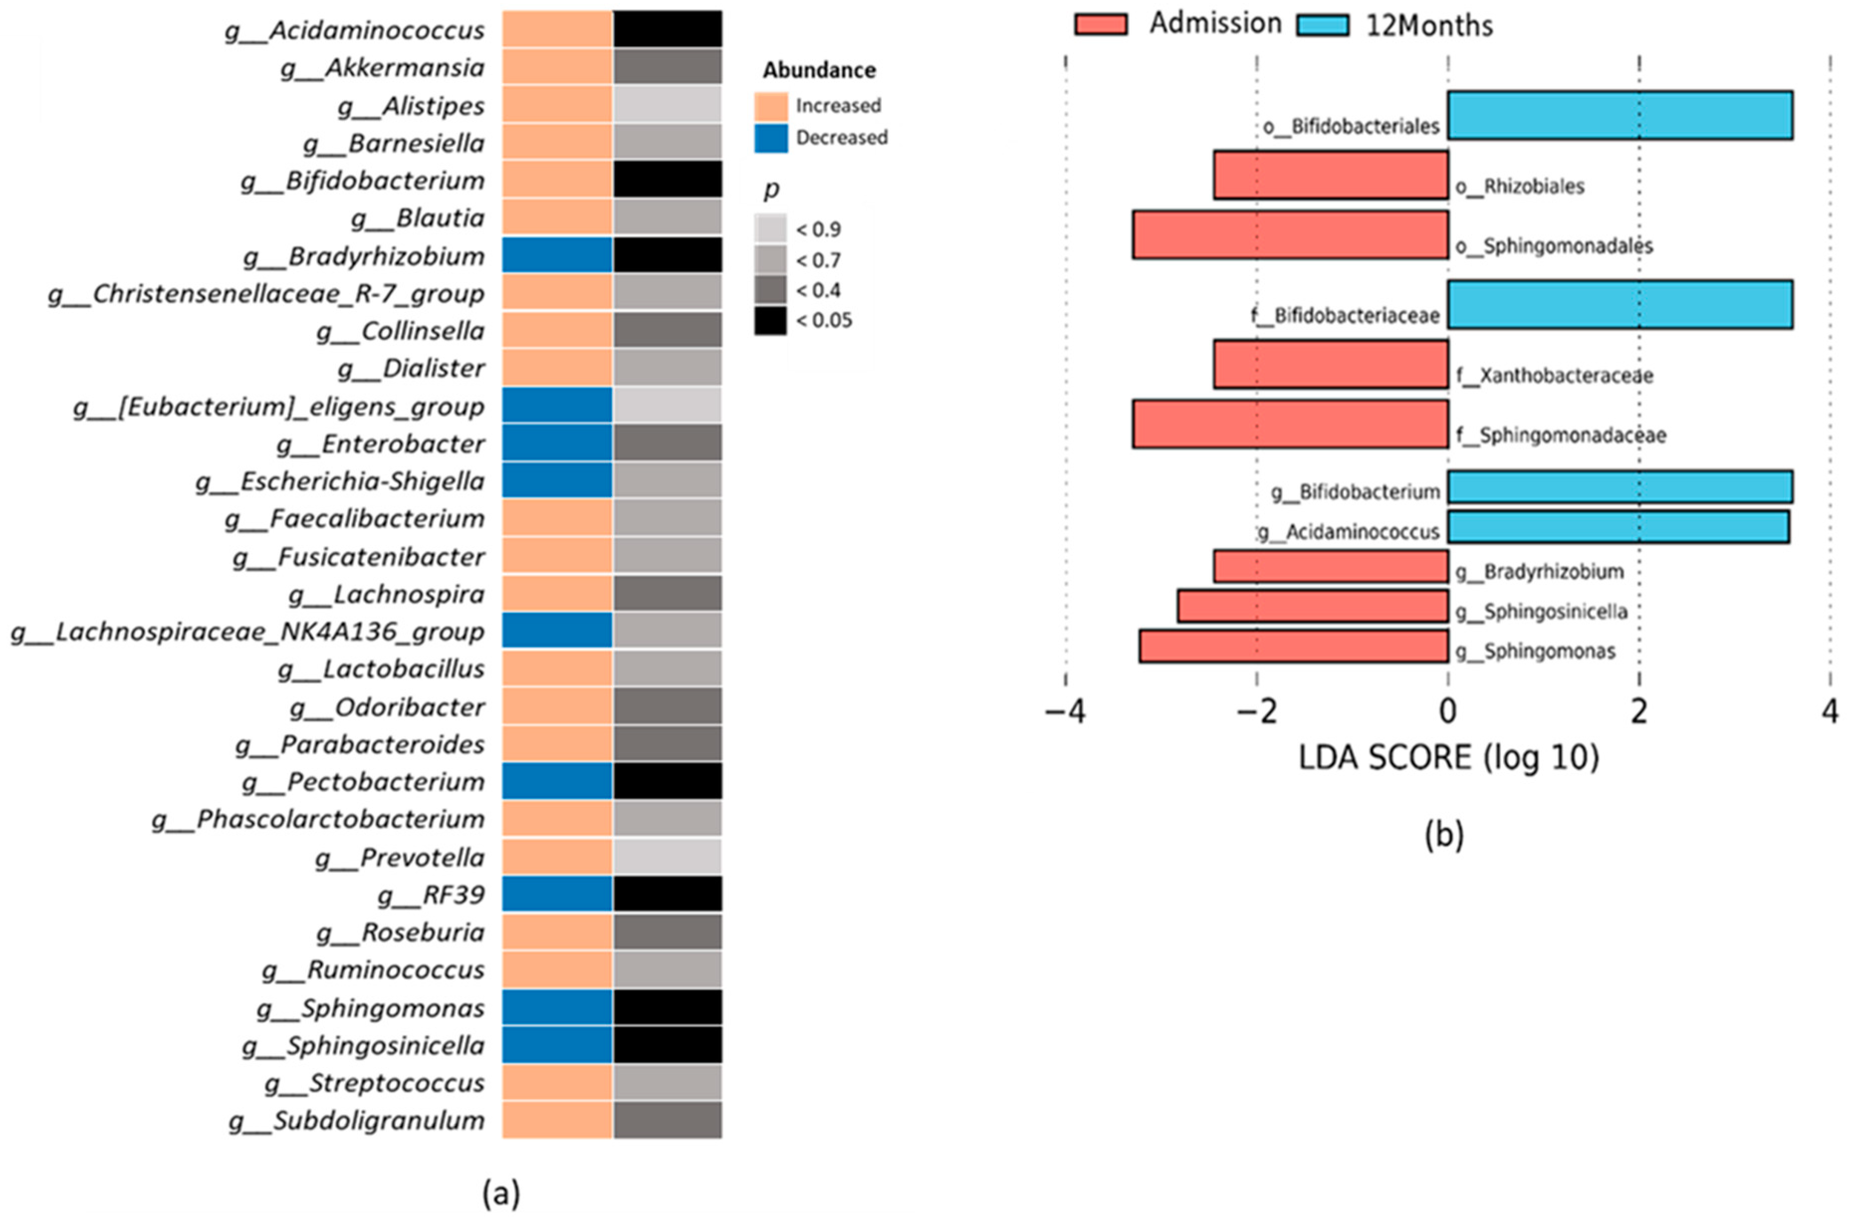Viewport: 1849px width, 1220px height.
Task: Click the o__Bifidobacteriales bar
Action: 1619,115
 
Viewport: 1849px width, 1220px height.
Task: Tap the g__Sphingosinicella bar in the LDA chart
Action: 1312,606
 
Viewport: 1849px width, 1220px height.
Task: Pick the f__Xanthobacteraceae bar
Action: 1330,364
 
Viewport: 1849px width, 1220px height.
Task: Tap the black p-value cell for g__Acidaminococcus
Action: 668,29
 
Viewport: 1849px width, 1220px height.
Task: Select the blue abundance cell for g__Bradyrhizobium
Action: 557,255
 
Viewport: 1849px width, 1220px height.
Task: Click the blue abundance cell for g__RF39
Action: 557,894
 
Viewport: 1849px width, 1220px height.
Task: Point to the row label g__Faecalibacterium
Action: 354,518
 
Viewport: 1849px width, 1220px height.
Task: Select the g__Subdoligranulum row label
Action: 356,1120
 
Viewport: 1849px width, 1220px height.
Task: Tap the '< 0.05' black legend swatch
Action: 770,321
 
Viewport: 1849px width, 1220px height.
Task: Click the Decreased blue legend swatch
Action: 771,138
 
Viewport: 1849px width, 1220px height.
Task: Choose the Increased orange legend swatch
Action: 771,106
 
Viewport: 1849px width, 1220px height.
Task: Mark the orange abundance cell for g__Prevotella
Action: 557,856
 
